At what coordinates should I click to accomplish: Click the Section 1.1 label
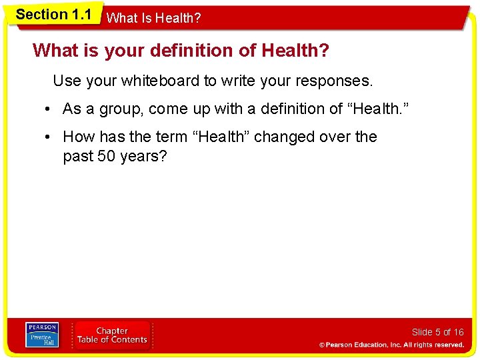point(53,14)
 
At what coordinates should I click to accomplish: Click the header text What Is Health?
point(153,19)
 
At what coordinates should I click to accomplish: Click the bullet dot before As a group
point(49,109)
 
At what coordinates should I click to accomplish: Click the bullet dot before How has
point(49,137)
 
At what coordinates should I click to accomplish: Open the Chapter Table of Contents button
point(112,335)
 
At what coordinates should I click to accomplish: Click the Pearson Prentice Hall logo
point(42,335)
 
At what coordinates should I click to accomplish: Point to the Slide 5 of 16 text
point(437,332)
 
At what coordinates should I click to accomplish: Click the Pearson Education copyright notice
point(391,345)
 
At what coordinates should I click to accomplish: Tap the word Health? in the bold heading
point(295,50)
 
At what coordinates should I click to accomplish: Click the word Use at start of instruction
point(67,81)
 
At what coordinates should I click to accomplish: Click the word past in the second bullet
point(77,157)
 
